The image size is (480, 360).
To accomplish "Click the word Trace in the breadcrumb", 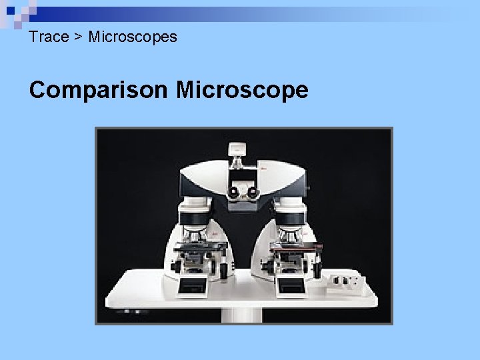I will [49, 37].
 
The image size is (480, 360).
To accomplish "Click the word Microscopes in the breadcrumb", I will [133, 37].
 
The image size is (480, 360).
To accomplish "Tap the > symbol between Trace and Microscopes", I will [78, 37].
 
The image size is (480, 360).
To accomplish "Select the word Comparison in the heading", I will [98, 89].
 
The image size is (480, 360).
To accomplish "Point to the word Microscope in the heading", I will [242, 89].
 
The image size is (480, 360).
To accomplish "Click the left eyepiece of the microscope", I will [235, 191].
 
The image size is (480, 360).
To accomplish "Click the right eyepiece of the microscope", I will [252, 191].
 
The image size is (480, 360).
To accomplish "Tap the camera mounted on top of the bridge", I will [237, 151].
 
